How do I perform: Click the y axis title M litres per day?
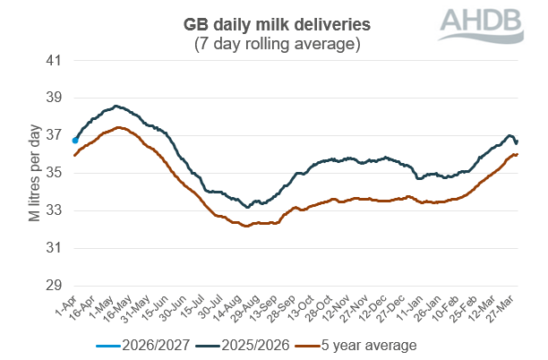pyautogui.click(x=35, y=173)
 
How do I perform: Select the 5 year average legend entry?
pyautogui.click(x=367, y=344)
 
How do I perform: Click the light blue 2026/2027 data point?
pyautogui.click(x=74, y=141)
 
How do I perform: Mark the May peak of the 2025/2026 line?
pyautogui.click(x=116, y=106)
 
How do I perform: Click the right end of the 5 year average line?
pyautogui.click(x=518, y=154)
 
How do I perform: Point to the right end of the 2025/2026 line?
pyautogui.click(x=517, y=141)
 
